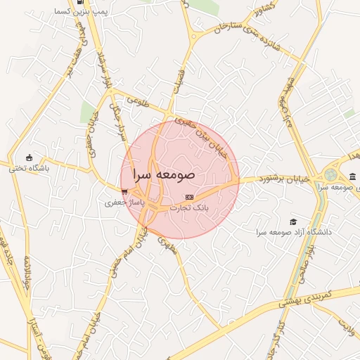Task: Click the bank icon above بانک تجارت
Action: click(x=188, y=197)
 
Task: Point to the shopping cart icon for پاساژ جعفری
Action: click(x=124, y=191)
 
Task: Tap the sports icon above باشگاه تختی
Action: click(x=29, y=157)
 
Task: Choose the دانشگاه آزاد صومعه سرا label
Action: click(x=293, y=231)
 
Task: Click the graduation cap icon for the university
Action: click(x=293, y=221)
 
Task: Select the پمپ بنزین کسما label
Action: click(x=91, y=12)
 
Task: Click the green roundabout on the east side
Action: click(x=330, y=175)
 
